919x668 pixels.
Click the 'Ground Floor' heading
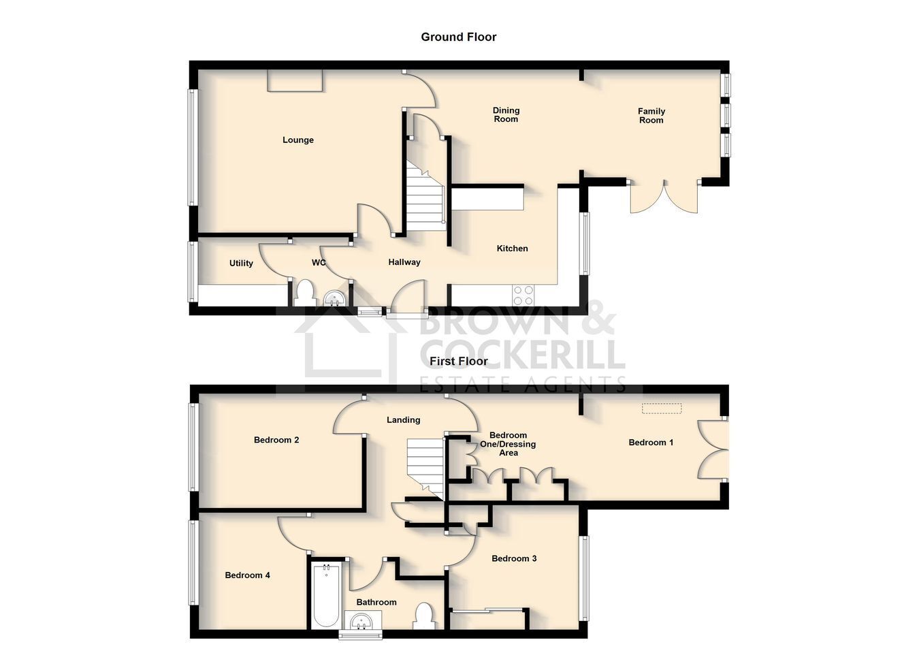[458, 37]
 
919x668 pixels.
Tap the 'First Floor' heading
[458, 361]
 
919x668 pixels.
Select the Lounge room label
[298, 140]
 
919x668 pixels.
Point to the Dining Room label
[506, 114]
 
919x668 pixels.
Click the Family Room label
[651, 116]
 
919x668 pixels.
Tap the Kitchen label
[512, 249]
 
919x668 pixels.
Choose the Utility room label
[241, 264]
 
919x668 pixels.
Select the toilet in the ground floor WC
[304, 293]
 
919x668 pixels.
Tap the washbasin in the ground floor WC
[335, 298]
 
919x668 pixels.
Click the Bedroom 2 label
[276, 440]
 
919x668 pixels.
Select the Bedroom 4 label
[247, 575]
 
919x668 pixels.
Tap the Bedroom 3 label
[514, 558]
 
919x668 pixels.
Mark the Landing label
[403, 420]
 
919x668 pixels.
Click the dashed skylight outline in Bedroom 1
[662, 409]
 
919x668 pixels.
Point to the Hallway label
[404, 262]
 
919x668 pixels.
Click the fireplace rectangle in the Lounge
[295, 80]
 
